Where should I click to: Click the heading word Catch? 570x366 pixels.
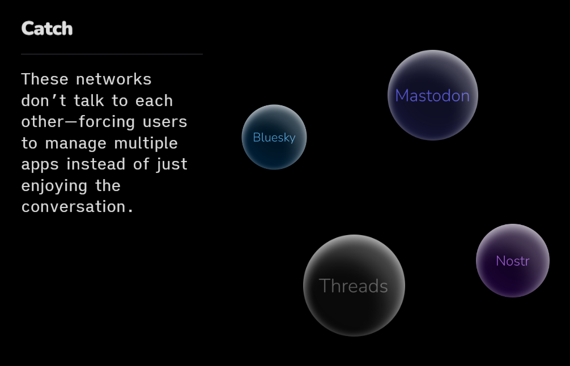pos(47,28)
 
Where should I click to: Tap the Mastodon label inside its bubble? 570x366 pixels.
pos(432,96)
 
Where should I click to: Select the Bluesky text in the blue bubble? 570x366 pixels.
pos(274,137)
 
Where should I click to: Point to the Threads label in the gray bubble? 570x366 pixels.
pos(354,286)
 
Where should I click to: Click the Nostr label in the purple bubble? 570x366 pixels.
pos(513,261)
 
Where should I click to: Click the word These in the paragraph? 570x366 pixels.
pos(45,79)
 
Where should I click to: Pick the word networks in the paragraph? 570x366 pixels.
pos(113,79)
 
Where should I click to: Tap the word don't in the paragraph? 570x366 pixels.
pos(44,100)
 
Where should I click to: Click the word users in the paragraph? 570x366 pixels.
pos(165,122)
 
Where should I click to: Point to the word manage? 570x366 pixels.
pos(75,143)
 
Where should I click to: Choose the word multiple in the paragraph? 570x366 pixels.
pos(146,143)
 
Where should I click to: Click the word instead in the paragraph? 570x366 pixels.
pos(96,164)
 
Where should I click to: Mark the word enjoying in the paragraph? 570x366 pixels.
pos(54,186)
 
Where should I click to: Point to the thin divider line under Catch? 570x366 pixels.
pos(112,54)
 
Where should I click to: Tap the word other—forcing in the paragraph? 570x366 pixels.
pos(78,122)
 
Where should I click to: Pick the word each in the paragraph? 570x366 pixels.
pos(154,100)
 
